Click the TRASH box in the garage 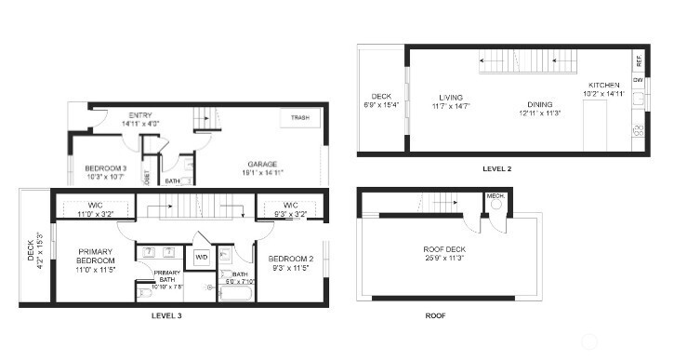click(x=299, y=119)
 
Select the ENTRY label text click(x=140, y=116)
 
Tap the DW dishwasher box click(x=639, y=81)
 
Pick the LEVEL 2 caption click(x=496, y=169)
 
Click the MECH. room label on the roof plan click(x=495, y=196)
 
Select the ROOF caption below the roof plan click(x=435, y=316)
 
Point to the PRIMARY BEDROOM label click(x=96, y=257)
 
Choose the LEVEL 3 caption click(x=166, y=316)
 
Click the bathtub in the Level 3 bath click(x=234, y=294)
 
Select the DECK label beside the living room click(x=381, y=96)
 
